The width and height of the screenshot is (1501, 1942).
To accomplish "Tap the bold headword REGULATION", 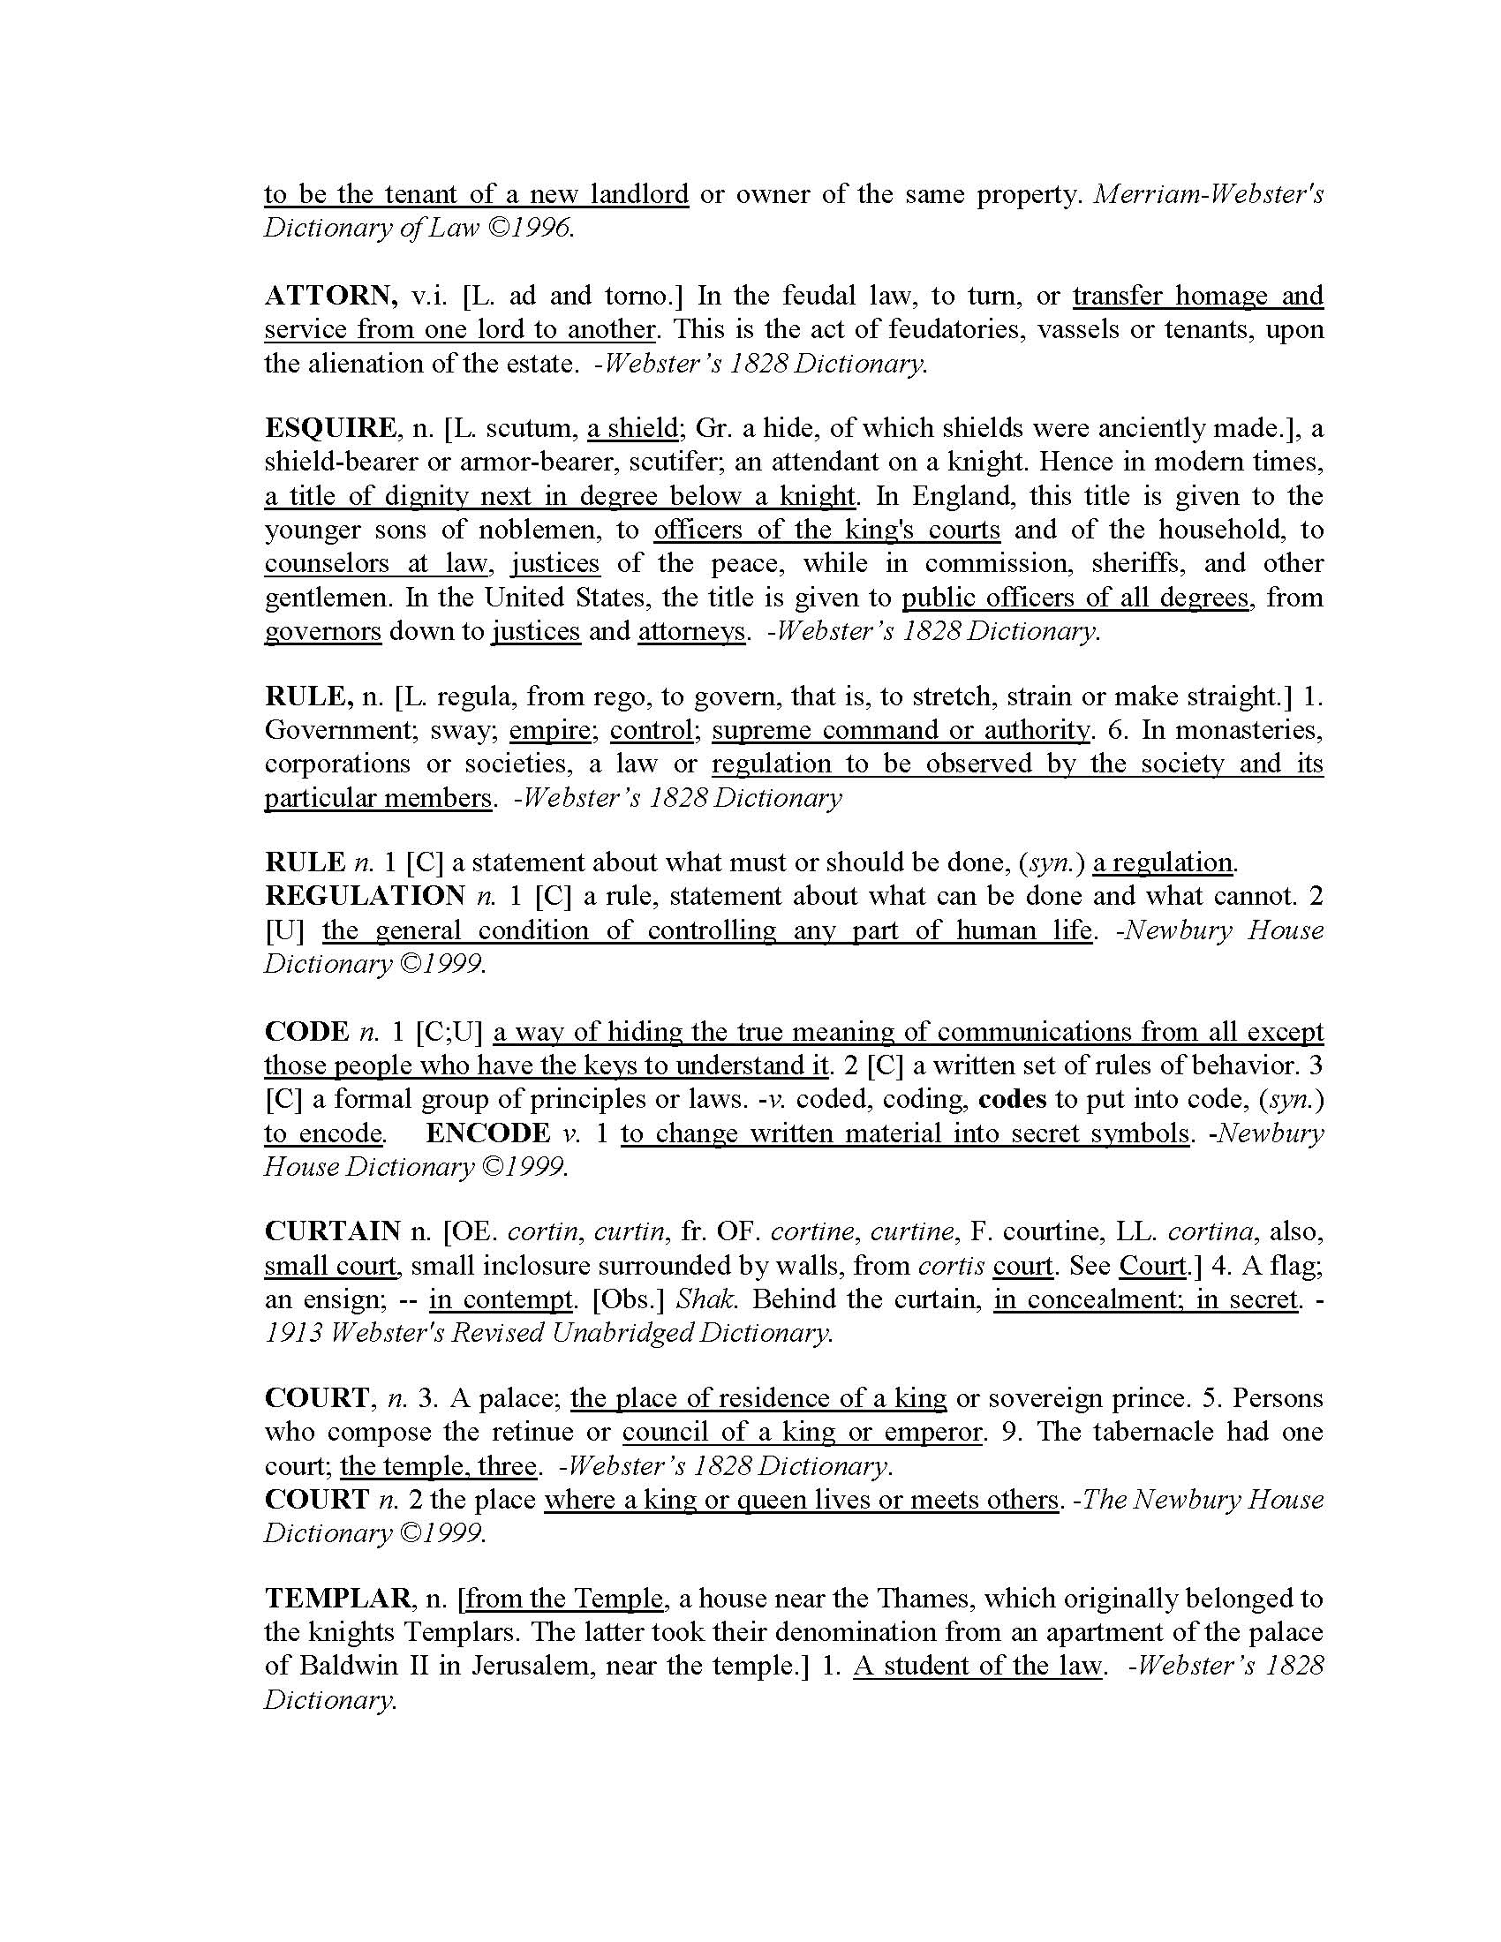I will (365, 895).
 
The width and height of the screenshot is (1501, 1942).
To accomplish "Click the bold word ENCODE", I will (487, 1133).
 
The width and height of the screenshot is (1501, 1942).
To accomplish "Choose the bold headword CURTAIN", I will (334, 1231).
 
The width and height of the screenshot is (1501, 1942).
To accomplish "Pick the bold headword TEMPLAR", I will (339, 1599).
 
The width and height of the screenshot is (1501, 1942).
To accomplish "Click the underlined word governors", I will (323, 631).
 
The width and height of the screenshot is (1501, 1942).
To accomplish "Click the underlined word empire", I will (549, 730).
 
